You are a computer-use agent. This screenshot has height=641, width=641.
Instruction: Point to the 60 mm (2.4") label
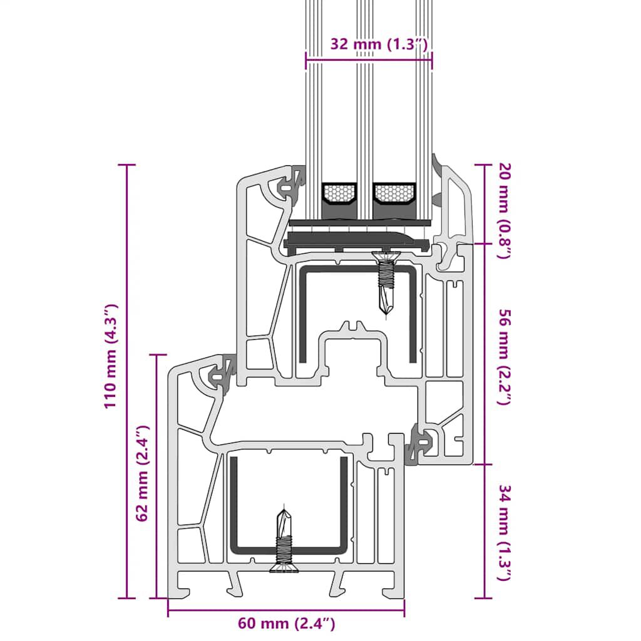(287, 623)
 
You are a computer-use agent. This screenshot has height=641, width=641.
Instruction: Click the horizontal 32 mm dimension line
(369, 60)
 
